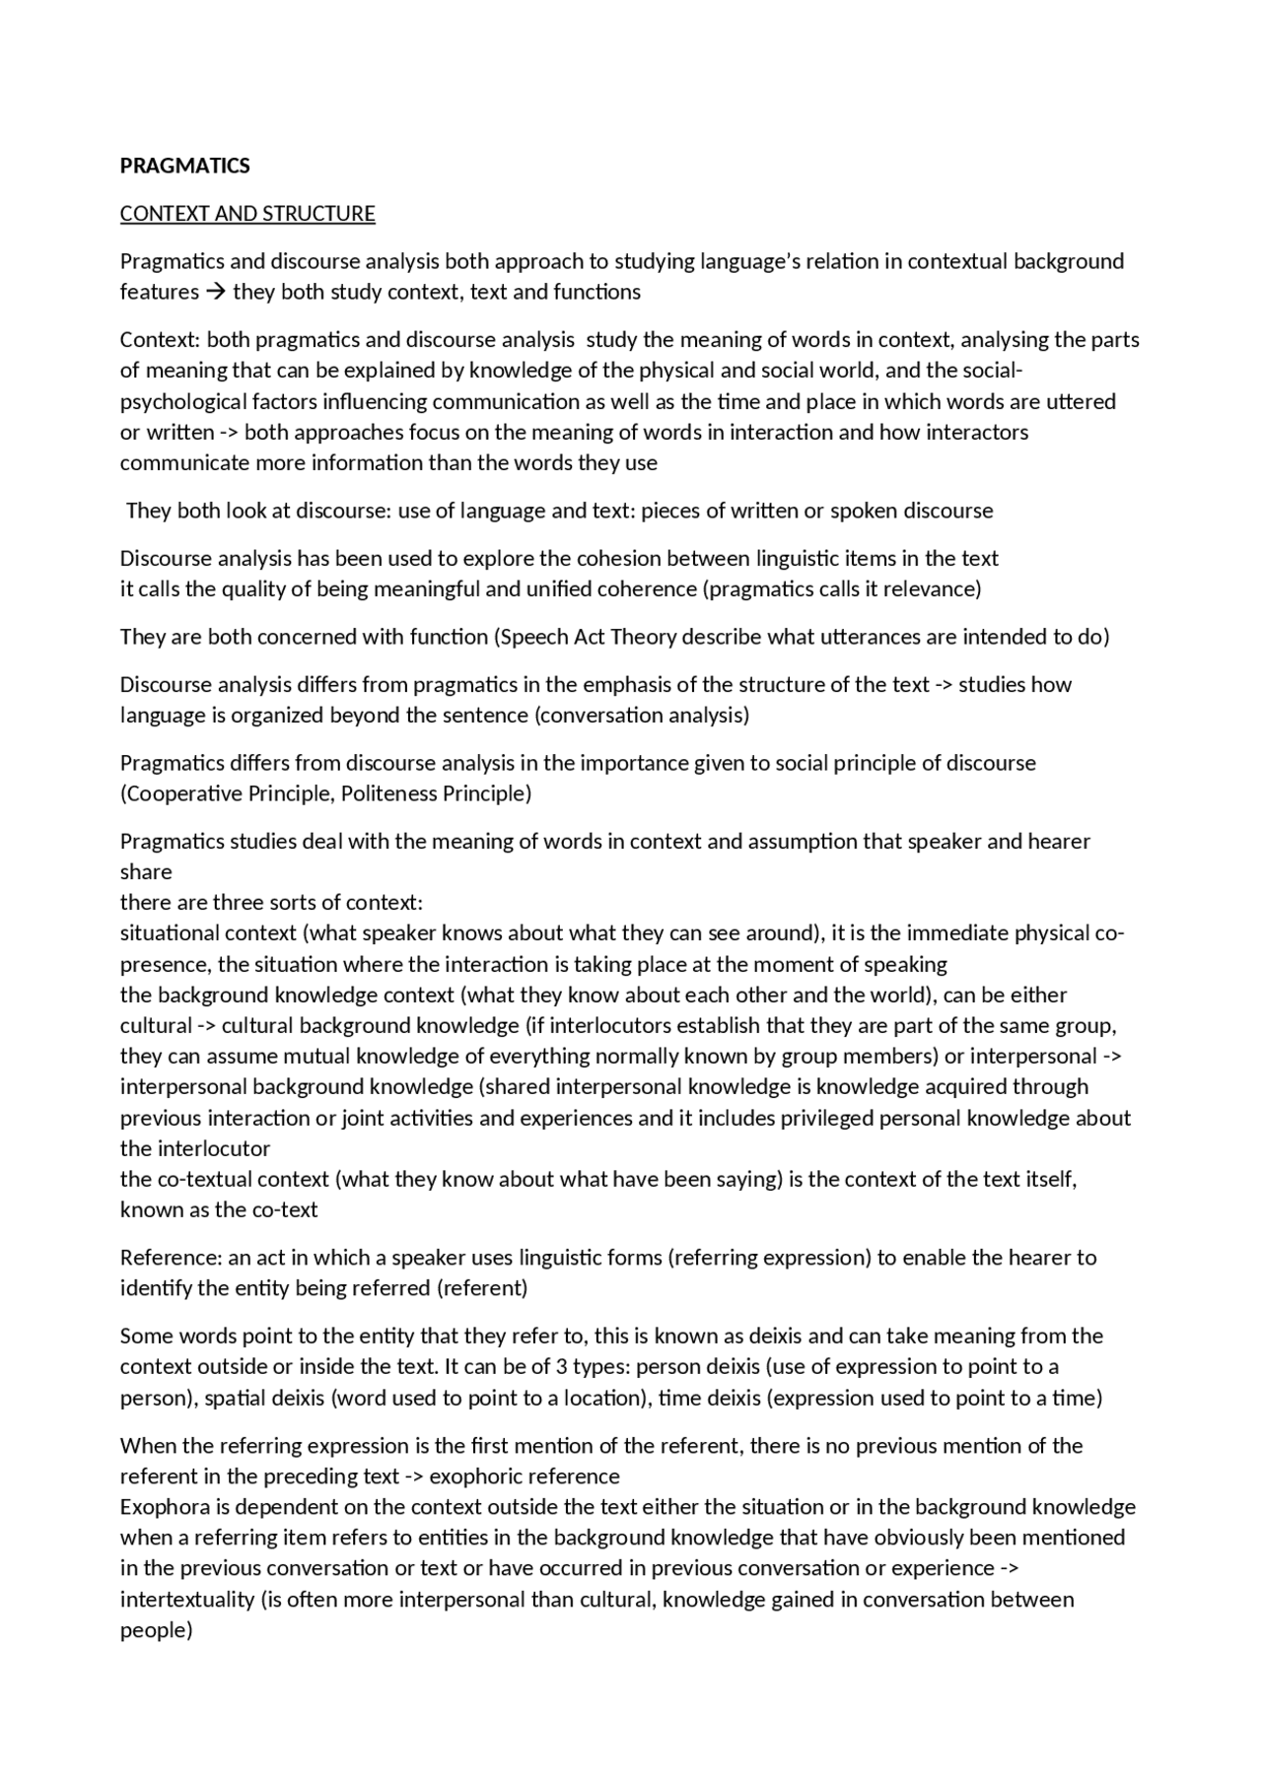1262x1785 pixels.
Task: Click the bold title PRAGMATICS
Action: pyautogui.click(x=184, y=166)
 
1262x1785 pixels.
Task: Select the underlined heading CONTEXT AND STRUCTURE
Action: pyautogui.click(x=247, y=214)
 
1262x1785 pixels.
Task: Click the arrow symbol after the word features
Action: pyautogui.click(x=216, y=292)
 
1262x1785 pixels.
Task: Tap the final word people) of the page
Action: pyautogui.click(x=156, y=1630)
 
